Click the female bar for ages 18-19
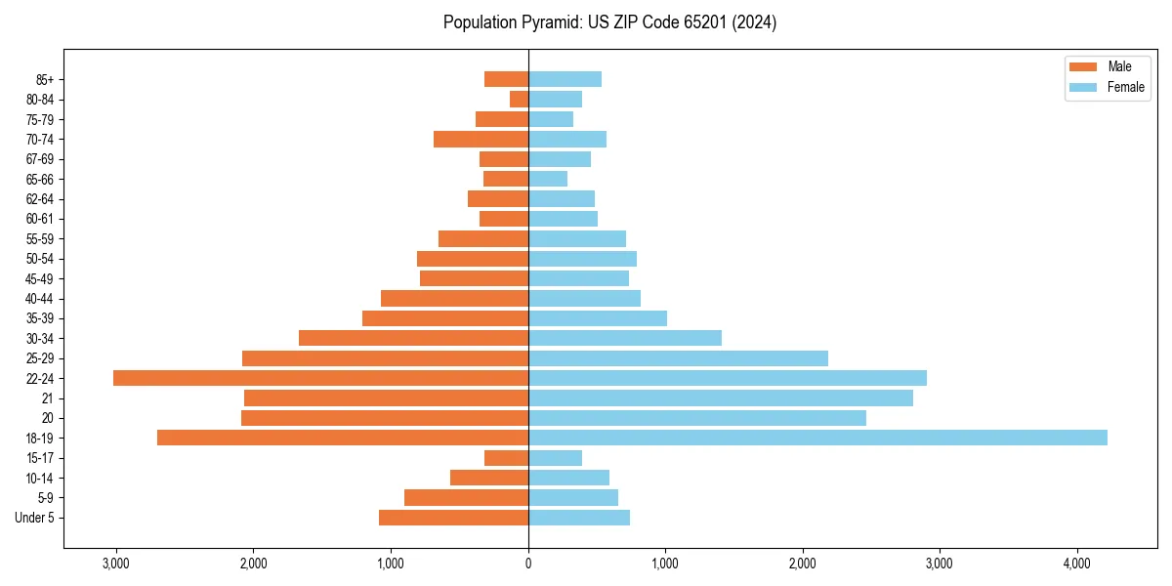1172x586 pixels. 817,438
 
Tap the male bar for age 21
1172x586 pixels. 386,398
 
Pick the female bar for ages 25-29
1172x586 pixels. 678,358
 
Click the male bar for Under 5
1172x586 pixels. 453,518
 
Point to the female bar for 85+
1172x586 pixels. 565,79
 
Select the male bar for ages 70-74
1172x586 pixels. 481,139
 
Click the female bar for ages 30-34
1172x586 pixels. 625,338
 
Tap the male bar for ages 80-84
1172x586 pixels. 519,99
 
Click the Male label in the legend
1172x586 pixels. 1119,66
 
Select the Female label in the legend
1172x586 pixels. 1125,87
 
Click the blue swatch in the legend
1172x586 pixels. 1083,87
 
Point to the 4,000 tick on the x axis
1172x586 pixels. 1076,564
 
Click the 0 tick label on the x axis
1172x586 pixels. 528,564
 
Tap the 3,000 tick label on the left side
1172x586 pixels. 115,564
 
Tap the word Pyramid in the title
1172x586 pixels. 550,22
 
